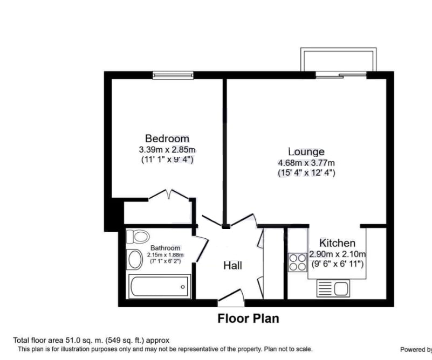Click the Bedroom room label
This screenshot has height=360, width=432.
click(x=167, y=139)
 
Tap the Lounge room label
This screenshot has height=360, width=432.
click(x=306, y=152)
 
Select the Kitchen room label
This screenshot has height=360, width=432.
click(x=337, y=243)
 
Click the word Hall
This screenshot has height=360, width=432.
click(x=232, y=266)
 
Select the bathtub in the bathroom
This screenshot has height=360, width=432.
click(x=159, y=286)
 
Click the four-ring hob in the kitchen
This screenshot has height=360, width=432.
click(x=297, y=262)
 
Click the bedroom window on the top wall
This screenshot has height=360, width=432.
click(x=173, y=75)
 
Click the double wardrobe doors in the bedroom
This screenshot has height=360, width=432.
click(x=169, y=196)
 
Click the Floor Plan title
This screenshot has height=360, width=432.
click(x=248, y=319)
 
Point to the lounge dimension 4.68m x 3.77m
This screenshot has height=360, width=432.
click(x=306, y=163)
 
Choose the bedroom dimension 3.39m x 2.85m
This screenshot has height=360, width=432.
click(x=167, y=149)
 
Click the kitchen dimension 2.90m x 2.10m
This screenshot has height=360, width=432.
click(x=337, y=254)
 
